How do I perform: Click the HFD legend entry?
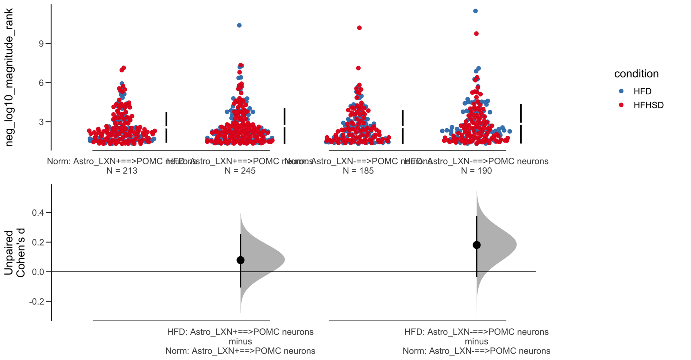point(642,91)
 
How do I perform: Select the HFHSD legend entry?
point(648,105)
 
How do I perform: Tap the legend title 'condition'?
point(636,74)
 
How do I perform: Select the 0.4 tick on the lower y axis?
point(38,213)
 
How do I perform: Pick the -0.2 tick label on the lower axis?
point(36,301)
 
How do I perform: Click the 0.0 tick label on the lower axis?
point(38,272)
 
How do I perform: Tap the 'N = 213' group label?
point(122,171)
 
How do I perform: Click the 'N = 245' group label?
point(240,171)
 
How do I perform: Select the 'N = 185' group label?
point(358,171)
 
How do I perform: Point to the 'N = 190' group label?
point(476,171)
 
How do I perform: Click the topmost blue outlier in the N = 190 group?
point(475,11)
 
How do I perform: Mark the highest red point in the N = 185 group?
point(359,28)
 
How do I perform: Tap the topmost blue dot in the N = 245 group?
point(239,25)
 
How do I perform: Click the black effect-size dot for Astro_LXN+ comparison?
point(240,260)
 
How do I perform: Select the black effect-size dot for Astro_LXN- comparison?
point(477,245)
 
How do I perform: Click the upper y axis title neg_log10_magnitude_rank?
point(9,77)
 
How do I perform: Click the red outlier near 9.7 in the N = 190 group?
point(477,33)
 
